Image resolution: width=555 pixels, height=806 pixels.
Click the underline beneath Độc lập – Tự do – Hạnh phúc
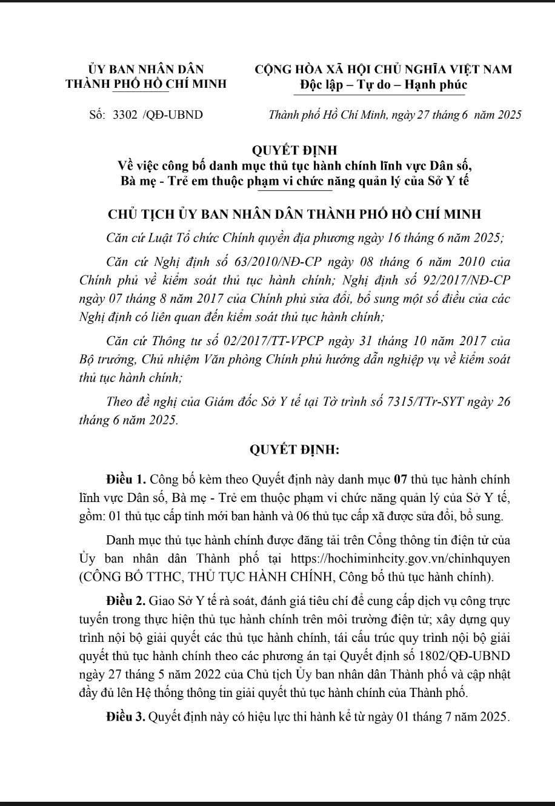(382, 94)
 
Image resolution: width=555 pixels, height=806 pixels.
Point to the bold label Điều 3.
(125, 718)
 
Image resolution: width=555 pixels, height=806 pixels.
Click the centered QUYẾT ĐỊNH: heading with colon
(294, 450)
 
